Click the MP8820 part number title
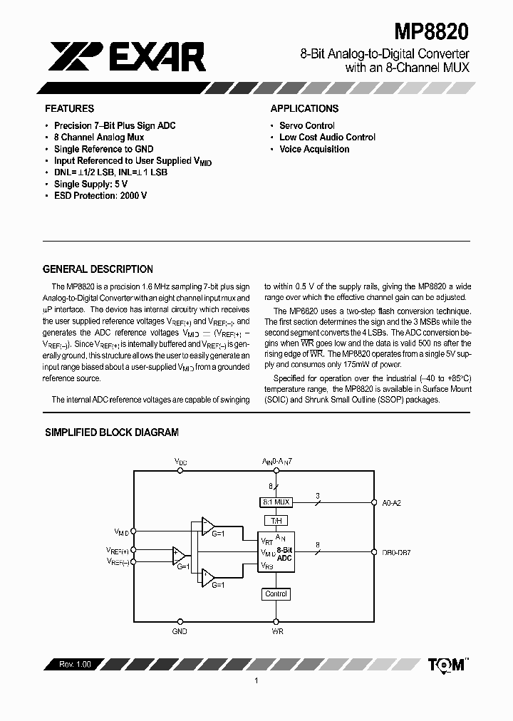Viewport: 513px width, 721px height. pos(431,33)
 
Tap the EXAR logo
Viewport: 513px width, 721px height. pos(128,56)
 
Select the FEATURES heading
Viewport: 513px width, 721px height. pos(69,109)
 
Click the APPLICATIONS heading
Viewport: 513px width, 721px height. pos(304,109)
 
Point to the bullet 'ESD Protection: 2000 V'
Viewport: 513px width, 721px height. pos(100,195)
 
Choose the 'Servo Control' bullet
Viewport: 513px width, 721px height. pos(306,125)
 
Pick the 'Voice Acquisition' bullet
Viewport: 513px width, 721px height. pos(314,149)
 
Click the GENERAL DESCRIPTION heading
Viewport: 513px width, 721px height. pos(98,269)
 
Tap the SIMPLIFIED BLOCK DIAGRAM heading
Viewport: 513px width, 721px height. pos(112,432)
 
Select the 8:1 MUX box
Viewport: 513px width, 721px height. pos(276,502)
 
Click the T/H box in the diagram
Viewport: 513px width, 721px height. pos(276,520)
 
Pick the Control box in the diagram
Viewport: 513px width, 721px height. pos(276,594)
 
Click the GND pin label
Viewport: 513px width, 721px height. pos(180,631)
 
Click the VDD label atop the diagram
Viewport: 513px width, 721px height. pos(181,462)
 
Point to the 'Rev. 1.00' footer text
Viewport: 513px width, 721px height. pos(71,665)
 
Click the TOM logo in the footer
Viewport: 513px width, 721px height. pos(447,664)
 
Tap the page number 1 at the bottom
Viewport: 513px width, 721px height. pos(256,681)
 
